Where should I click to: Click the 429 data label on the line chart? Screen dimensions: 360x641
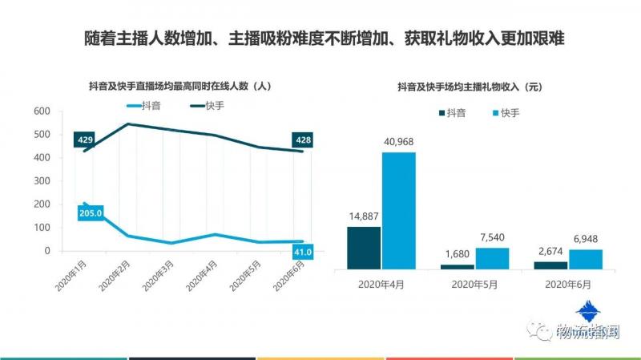pos(86,140)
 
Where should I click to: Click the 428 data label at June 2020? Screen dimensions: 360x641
pos(302,140)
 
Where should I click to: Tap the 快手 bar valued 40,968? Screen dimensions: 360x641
pos(398,210)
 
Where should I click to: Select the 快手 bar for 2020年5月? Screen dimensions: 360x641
pos(492,257)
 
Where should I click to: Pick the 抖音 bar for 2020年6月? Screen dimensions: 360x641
pos(550,265)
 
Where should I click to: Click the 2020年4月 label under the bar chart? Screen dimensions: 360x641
pos(381,285)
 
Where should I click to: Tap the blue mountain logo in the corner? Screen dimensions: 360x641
pos(591,312)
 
